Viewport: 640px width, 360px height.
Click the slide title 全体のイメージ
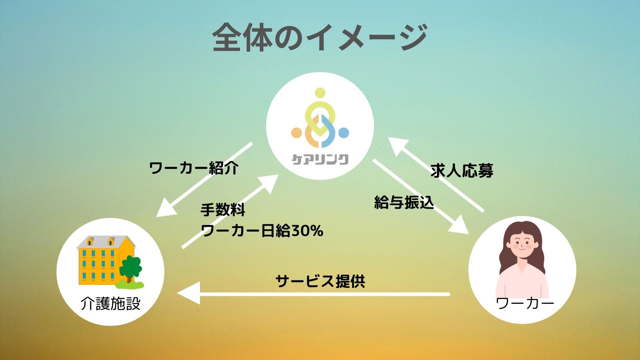320,37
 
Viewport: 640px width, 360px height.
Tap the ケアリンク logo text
320,159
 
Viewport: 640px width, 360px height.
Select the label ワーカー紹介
194,168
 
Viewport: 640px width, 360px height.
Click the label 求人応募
462,171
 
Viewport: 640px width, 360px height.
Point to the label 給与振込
404,202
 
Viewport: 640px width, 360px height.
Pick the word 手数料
223,210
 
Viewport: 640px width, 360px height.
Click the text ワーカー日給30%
262,231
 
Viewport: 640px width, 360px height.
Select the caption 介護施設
110,304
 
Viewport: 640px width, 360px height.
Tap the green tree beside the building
130,268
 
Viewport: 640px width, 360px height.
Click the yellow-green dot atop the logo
320,93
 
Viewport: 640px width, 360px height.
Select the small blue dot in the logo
344,133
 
